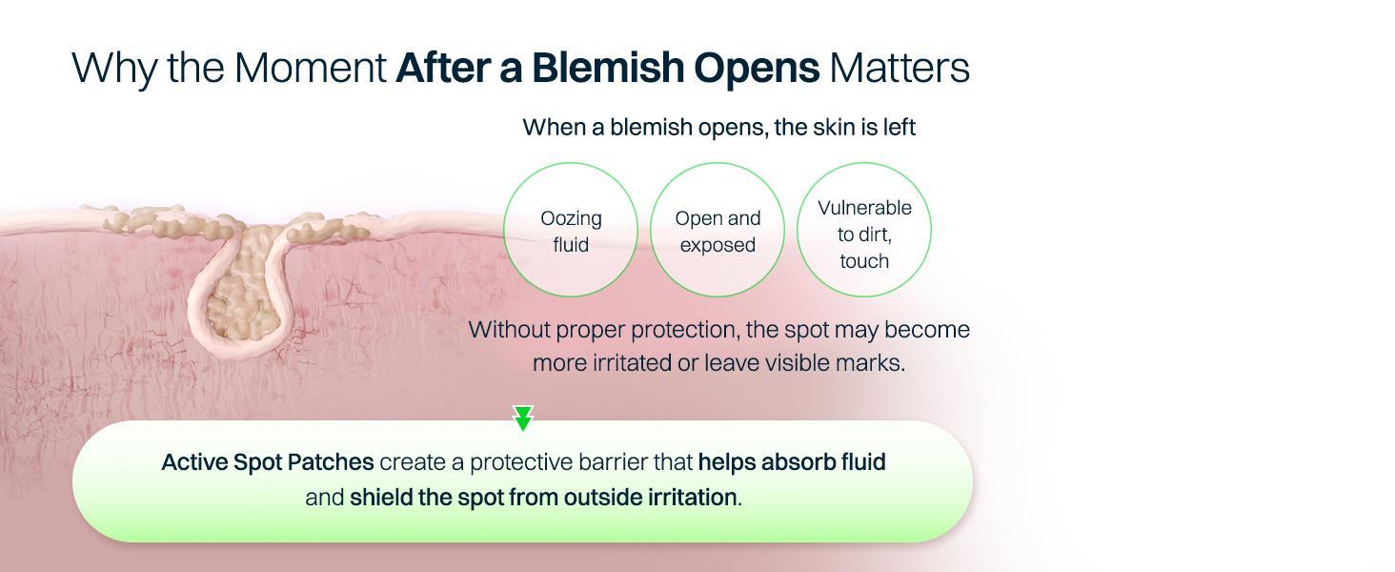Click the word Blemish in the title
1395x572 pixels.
(608, 68)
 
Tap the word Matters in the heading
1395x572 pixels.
(900, 68)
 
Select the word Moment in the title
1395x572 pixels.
(310, 68)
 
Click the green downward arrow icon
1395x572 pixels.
(523, 419)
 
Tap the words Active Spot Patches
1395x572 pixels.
(268, 462)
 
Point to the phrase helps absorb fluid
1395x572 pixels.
(792, 462)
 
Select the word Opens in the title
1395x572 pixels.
(757, 69)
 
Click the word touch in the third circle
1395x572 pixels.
(864, 261)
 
